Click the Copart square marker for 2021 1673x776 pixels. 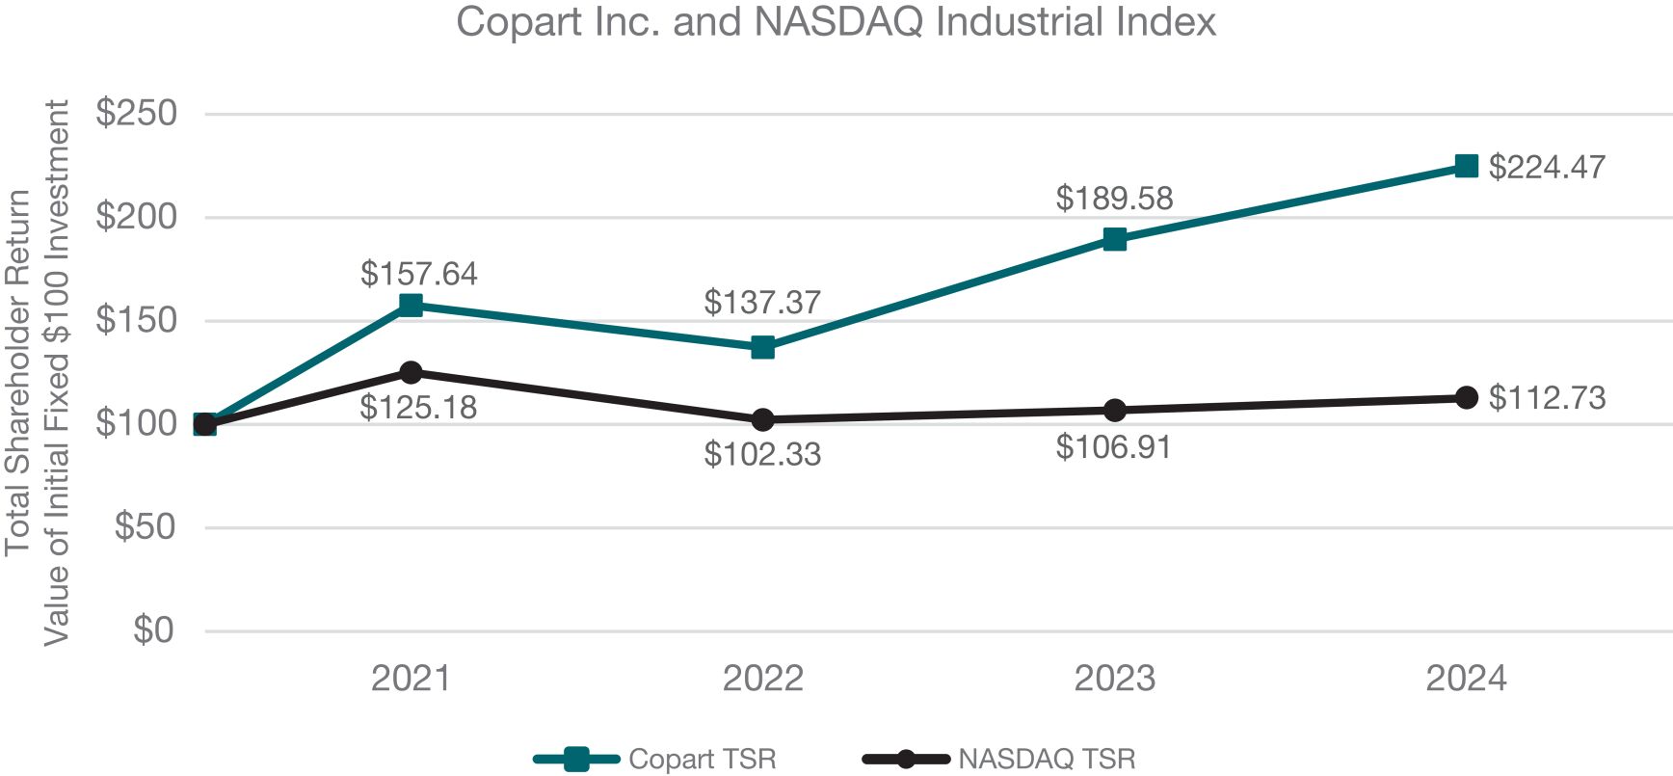(411, 306)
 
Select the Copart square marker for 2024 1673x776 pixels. (1466, 167)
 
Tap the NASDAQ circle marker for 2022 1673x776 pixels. (762, 420)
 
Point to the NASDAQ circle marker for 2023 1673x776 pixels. (1114, 411)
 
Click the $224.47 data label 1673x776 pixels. (1547, 168)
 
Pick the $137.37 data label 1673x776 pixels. (762, 303)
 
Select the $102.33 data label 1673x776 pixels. (762, 454)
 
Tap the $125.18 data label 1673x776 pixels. (418, 408)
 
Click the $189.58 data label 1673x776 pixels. (1114, 199)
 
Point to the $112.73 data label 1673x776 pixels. (1547, 398)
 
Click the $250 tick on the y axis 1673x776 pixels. (137, 114)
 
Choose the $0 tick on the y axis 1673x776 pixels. (153, 630)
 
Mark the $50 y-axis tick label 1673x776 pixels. (146, 527)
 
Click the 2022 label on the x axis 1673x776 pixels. (762, 679)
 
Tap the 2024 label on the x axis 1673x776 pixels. (1466, 679)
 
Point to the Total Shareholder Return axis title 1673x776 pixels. (19, 372)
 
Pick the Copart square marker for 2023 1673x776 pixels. (1114, 239)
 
